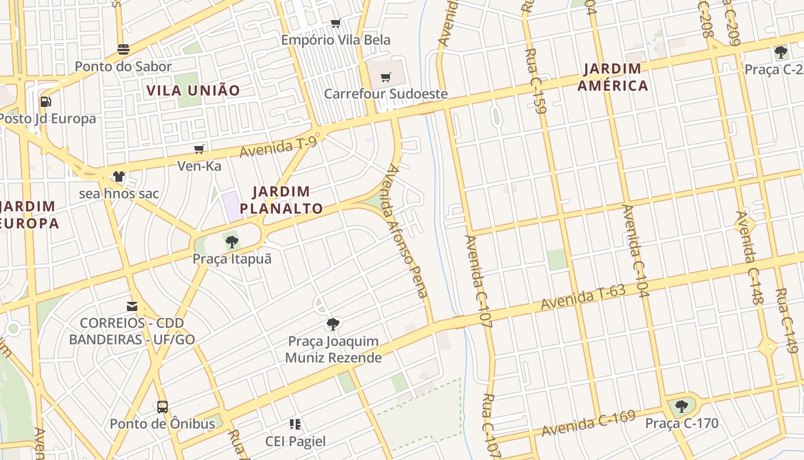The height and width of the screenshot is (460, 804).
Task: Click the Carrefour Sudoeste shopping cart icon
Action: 386,77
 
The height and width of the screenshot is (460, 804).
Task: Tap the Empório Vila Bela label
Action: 335,40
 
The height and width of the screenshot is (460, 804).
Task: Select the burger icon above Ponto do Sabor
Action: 123,49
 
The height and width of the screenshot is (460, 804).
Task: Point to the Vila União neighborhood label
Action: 193,90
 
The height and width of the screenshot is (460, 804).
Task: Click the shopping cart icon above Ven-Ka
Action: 199,149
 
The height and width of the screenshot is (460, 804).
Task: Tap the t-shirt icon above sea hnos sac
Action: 119,177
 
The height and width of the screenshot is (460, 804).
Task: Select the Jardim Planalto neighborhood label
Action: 281,200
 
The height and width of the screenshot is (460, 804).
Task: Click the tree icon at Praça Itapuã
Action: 232,241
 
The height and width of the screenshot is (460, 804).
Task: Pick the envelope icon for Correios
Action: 132,306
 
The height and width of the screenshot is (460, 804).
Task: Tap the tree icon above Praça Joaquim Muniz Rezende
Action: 333,324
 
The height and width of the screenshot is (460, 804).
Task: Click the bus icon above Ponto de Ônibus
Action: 163,407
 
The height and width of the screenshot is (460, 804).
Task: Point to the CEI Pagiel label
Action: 295,442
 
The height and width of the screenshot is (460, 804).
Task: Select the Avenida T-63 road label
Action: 583,297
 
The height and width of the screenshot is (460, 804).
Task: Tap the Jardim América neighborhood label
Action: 613,78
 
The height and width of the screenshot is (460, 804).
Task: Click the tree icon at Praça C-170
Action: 682,407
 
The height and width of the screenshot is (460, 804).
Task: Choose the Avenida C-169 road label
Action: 588,423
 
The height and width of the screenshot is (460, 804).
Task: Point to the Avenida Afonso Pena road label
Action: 407,231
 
